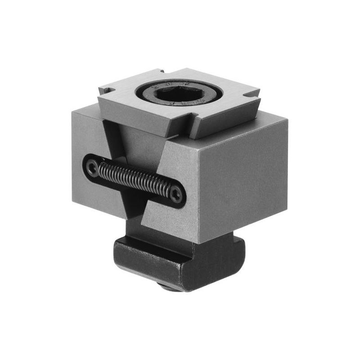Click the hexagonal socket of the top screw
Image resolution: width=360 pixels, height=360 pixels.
click(x=180, y=93)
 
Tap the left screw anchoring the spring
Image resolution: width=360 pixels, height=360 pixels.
click(x=93, y=168)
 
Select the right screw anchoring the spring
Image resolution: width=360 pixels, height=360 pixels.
click(x=176, y=194)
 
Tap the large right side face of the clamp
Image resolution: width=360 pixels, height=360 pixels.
click(x=243, y=180)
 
